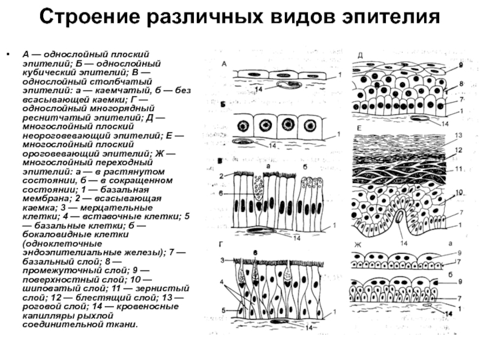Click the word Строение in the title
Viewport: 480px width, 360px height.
tap(89, 17)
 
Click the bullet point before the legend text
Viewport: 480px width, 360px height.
tap(8, 55)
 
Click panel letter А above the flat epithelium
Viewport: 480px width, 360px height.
tap(224, 64)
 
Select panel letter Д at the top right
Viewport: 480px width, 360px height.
tap(361, 55)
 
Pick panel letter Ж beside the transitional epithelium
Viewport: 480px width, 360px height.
tap(358, 245)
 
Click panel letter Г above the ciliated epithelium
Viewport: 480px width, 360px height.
tap(221, 244)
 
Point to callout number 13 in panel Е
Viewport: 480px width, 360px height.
tap(458, 136)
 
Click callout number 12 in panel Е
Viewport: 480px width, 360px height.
tap(458, 151)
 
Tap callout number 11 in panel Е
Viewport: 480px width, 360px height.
tap(458, 169)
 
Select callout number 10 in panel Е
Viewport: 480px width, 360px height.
tap(459, 193)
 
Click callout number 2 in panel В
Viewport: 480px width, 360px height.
tap(221, 176)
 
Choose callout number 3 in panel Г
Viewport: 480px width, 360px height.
tap(222, 260)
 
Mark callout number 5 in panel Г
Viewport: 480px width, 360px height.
tap(223, 311)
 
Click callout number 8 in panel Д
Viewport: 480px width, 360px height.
tap(461, 83)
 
